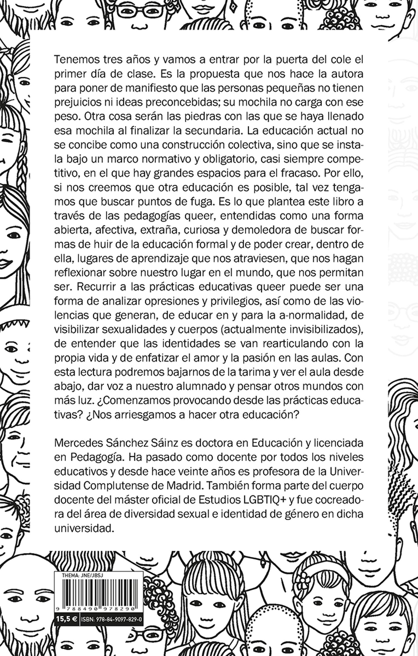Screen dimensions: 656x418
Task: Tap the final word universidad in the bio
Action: click(84, 528)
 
